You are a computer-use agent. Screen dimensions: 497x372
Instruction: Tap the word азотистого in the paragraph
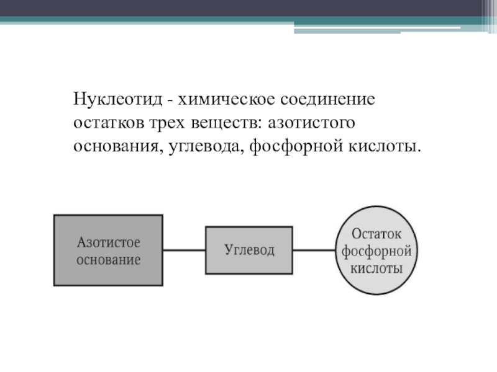tap(311, 123)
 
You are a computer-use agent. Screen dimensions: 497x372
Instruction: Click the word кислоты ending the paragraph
tap(386, 147)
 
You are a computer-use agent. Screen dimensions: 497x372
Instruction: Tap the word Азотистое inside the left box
tap(108, 242)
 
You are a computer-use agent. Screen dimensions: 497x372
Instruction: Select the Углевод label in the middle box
tap(248, 250)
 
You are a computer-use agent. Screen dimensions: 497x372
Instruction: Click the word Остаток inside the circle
tap(377, 234)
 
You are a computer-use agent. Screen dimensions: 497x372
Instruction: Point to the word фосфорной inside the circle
tap(377, 252)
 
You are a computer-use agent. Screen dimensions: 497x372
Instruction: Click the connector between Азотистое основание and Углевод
tap(184, 250)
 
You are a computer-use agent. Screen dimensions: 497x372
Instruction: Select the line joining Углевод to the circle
tap(314, 250)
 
